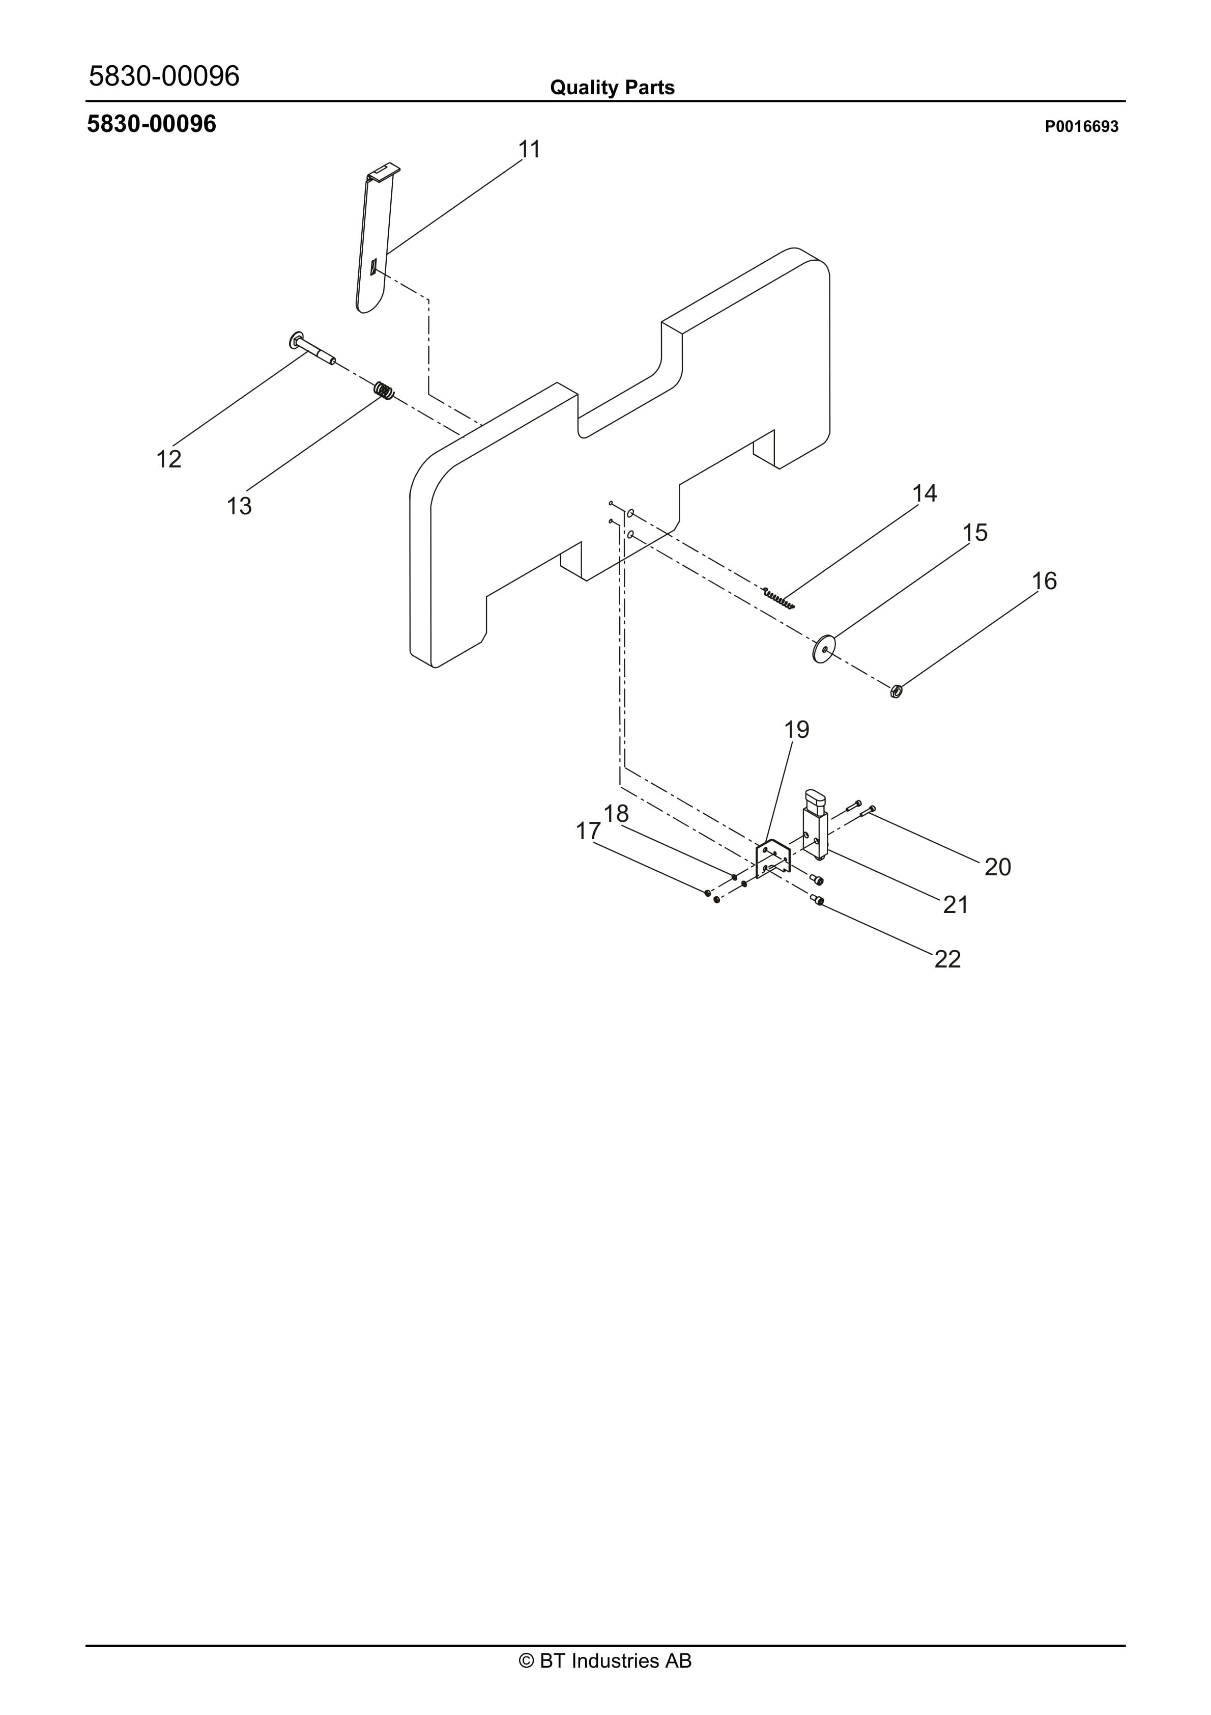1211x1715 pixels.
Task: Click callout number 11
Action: [x=529, y=149]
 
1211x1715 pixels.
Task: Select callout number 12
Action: [x=169, y=459]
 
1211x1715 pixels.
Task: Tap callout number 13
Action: [x=239, y=507]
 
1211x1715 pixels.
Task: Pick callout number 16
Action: [x=1044, y=580]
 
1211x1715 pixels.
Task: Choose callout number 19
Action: [x=797, y=729]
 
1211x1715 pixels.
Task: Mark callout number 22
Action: [x=947, y=959]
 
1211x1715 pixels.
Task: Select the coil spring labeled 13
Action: [x=384, y=391]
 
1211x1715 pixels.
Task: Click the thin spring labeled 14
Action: [x=778, y=597]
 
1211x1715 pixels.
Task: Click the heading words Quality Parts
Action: [x=612, y=88]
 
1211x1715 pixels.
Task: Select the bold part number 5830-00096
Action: [x=152, y=124]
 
